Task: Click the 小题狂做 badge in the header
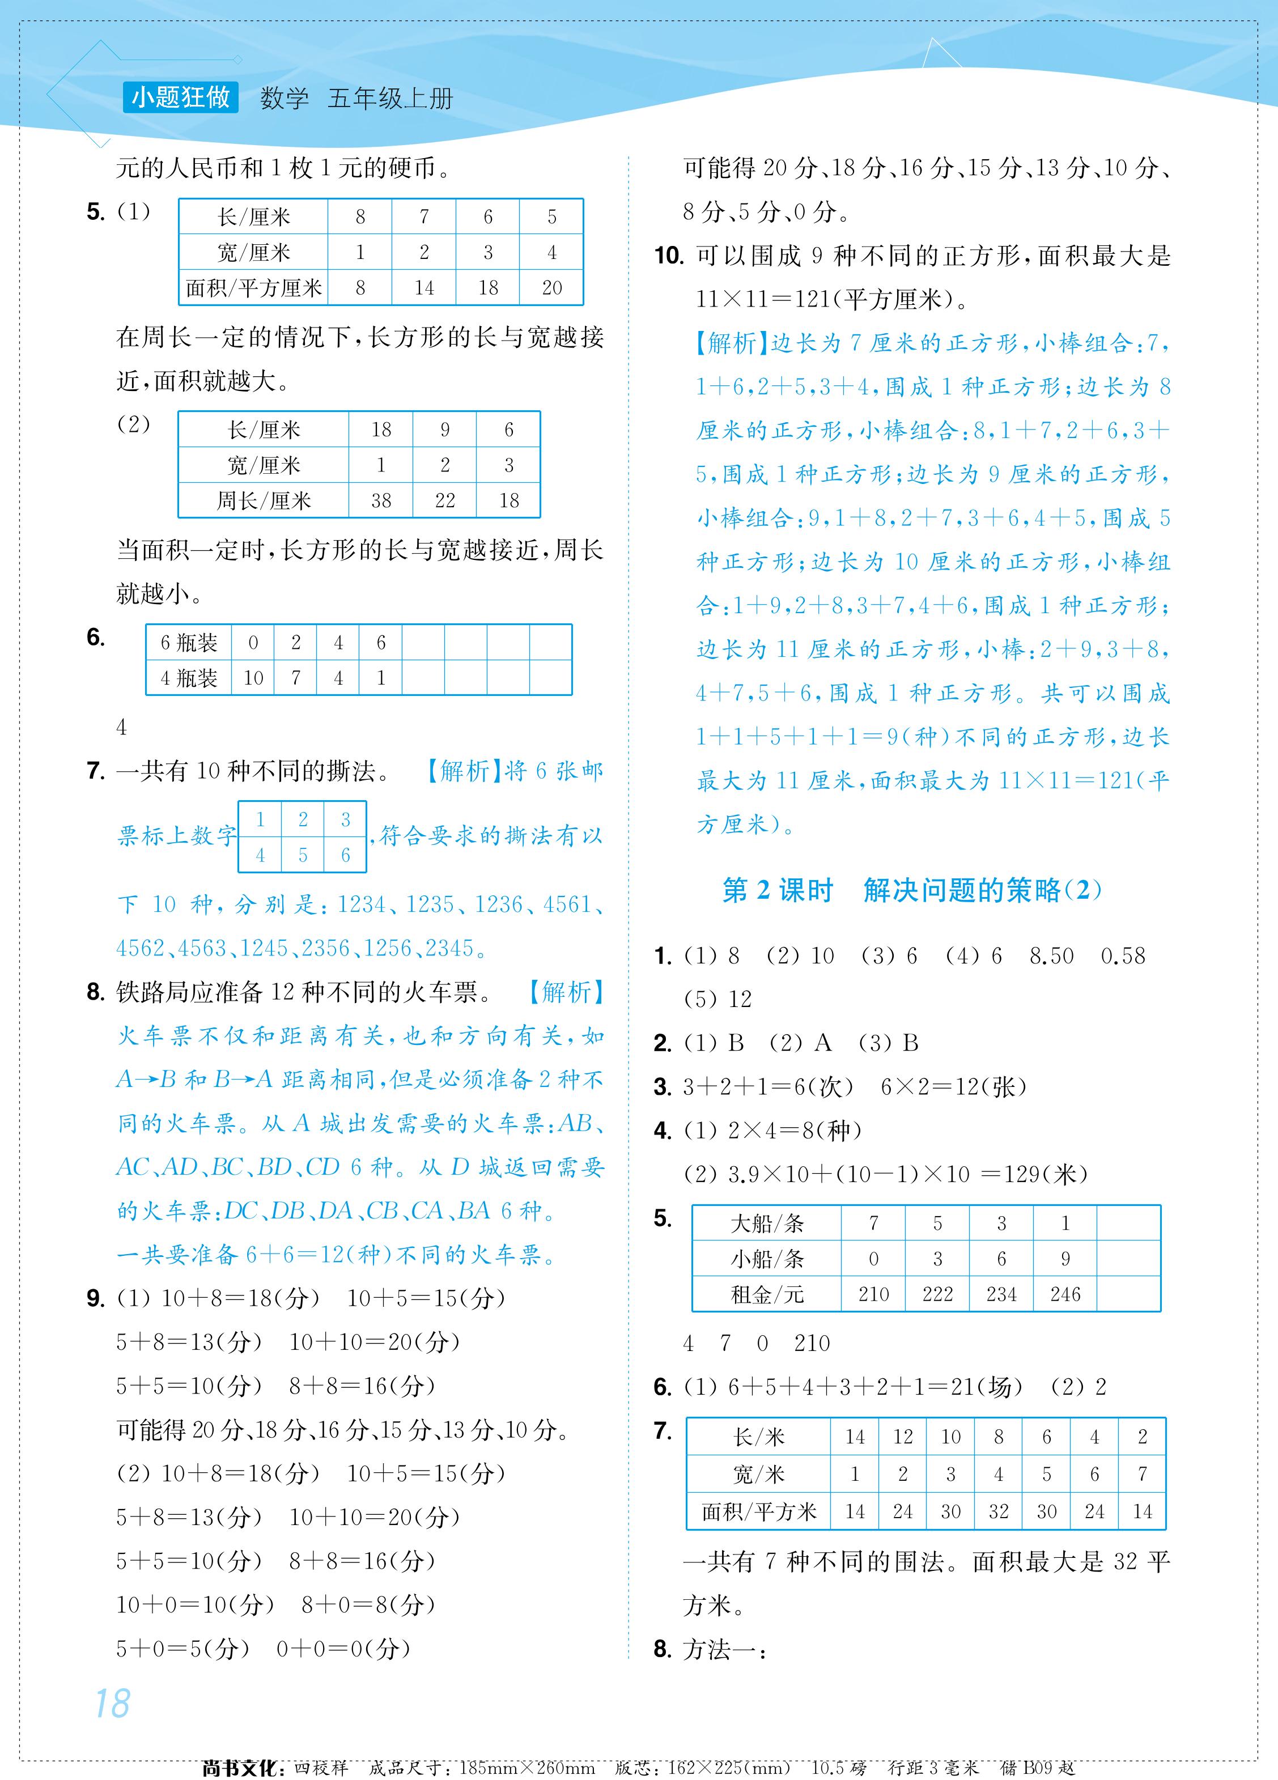pyautogui.click(x=181, y=97)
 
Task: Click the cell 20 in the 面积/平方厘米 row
pyautogui.click(x=552, y=288)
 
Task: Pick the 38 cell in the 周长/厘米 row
pyautogui.click(x=381, y=501)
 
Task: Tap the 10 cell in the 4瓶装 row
pyautogui.click(x=253, y=678)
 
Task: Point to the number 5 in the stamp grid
pyautogui.click(x=303, y=856)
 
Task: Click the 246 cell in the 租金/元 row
pyautogui.click(x=1065, y=1294)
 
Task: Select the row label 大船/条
pyautogui.click(x=766, y=1224)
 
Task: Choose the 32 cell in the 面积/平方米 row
pyautogui.click(x=999, y=1511)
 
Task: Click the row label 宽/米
pyautogui.click(x=758, y=1475)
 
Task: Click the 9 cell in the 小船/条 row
pyautogui.click(x=1065, y=1259)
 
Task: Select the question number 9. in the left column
pyautogui.click(x=96, y=1299)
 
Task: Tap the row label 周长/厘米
pyautogui.click(x=264, y=501)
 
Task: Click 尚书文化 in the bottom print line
pyautogui.click(x=239, y=1768)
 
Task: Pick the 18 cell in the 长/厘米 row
pyautogui.click(x=381, y=430)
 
